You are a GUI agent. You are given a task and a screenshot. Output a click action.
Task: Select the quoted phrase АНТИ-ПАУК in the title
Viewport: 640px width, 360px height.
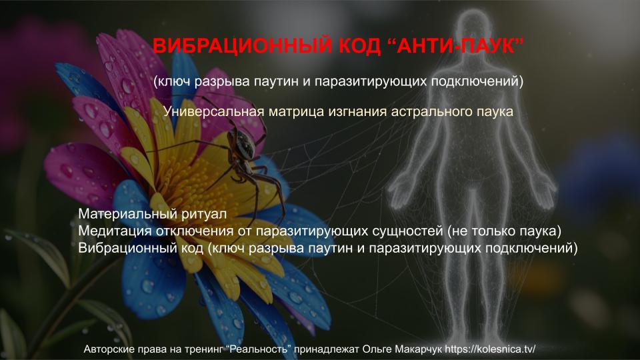tap(455, 45)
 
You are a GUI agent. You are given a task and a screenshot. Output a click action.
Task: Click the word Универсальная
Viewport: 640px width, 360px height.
tap(214, 111)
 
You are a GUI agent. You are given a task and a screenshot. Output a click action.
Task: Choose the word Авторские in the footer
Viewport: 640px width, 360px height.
tap(105, 349)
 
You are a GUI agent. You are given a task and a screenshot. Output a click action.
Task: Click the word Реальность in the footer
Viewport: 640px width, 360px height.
tap(261, 349)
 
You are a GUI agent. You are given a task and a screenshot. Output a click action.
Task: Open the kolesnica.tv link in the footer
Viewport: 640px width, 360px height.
tap(490, 349)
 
